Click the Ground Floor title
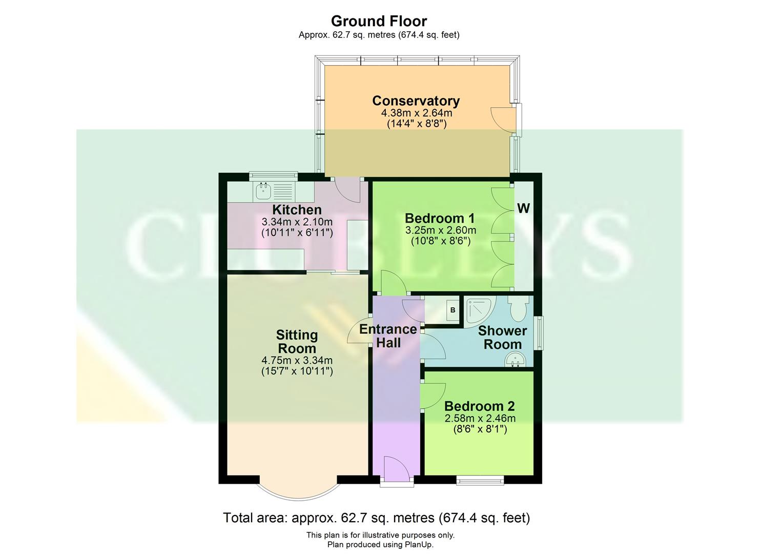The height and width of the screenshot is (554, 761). (379, 21)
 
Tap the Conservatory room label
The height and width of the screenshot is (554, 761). (416, 101)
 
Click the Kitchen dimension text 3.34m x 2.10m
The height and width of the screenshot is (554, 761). (297, 222)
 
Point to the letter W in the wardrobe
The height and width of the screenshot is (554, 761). (523, 208)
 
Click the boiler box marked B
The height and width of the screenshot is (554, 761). (453, 310)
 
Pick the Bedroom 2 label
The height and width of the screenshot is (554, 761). (479, 406)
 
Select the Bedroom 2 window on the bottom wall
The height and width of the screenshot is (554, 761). (480, 480)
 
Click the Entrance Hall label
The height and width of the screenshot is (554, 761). (388, 336)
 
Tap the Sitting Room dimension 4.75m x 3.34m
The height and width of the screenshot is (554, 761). (297, 361)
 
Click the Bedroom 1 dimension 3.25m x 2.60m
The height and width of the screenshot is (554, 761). (440, 230)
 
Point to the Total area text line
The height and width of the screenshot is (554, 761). (376, 518)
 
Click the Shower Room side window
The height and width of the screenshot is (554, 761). (539, 333)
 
